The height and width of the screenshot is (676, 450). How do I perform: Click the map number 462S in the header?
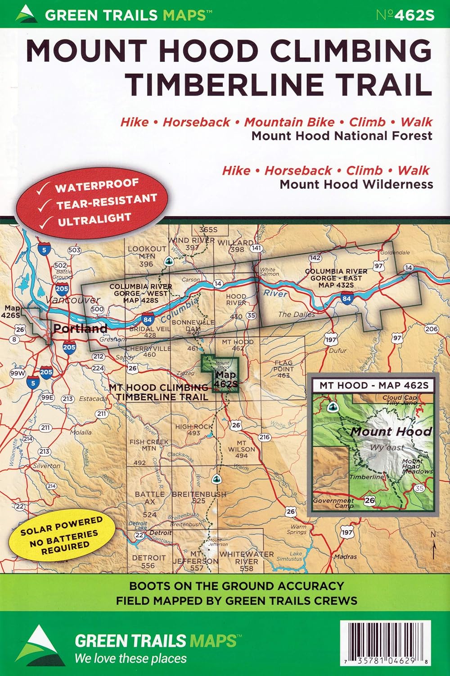(405, 15)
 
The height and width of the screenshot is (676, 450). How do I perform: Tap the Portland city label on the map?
(80, 328)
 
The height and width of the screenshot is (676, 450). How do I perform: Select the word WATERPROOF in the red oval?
(97, 185)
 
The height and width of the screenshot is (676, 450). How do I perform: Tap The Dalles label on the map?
(296, 315)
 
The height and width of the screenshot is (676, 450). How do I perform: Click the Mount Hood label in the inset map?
(391, 431)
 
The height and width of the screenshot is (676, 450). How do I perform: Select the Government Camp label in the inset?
(333, 503)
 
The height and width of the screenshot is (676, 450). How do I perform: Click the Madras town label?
(345, 557)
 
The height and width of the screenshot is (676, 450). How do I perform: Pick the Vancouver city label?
(73, 300)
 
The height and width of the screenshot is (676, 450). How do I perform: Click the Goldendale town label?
(395, 253)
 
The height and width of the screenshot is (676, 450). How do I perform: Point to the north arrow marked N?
(433, 546)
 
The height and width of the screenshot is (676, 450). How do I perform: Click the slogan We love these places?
(130, 658)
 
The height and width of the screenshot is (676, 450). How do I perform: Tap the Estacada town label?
(93, 399)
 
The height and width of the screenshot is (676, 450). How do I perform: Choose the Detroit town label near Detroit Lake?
(161, 533)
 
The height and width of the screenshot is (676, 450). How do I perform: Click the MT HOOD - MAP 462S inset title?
(373, 385)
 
